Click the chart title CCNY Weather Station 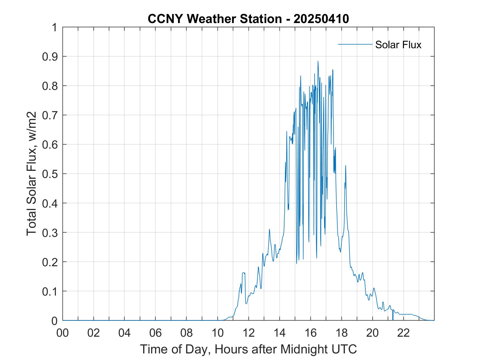[x=248, y=19]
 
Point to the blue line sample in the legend [x=355, y=44]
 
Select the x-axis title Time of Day [x=248, y=349]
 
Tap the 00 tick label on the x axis [x=63, y=333]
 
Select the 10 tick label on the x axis [x=218, y=333]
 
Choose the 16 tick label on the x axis [x=311, y=333]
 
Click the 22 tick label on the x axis [x=403, y=333]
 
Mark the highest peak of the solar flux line [x=318, y=61]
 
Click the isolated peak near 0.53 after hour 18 [x=346, y=166]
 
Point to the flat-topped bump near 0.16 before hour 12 [x=244, y=273]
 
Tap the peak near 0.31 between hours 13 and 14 [x=269, y=229]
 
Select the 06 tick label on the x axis [x=156, y=333]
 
